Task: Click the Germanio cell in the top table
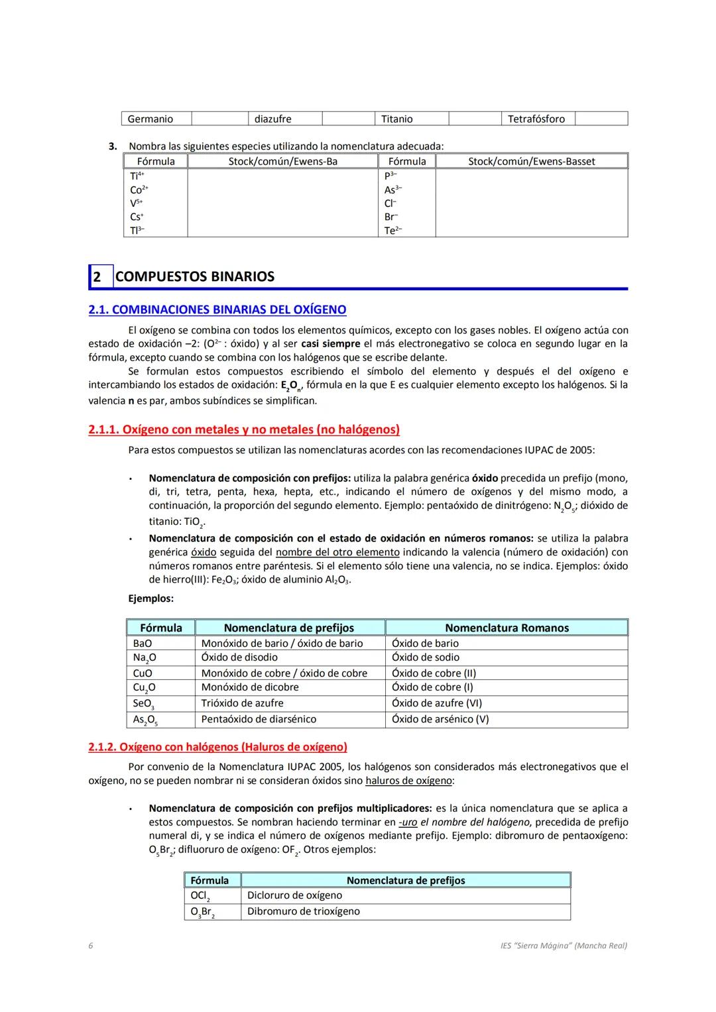click(x=150, y=119)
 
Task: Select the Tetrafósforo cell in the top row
click(x=536, y=119)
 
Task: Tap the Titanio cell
click(x=397, y=119)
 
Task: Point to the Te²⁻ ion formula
click(x=393, y=231)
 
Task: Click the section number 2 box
click(x=97, y=277)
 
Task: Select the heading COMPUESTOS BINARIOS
click(x=195, y=277)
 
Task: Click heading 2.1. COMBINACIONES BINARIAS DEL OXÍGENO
click(x=217, y=309)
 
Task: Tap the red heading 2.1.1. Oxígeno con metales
click(x=244, y=429)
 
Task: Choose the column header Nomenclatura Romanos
click(x=507, y=628)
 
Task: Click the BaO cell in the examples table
click(x=143, y=644)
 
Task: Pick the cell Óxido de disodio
click(x=239, y=657)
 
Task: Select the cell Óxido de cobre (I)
click(x=432, y=687)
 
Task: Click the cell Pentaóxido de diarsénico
click(x=259, y=719)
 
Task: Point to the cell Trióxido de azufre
click(x=242, y=703)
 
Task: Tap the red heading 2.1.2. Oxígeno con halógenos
click(x=217, y=747)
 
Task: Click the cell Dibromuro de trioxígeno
click(x=304, y=911)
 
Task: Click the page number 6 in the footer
click(x=91, y=946)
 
